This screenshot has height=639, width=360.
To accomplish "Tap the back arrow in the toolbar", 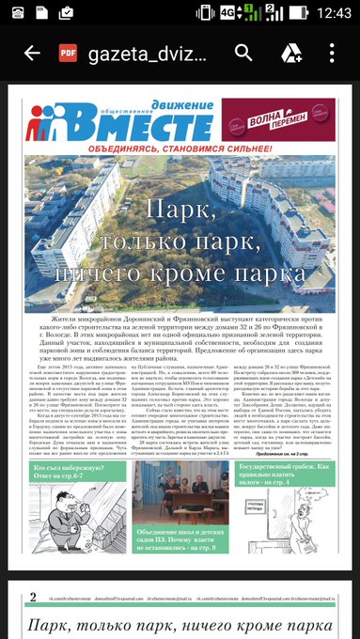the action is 31,53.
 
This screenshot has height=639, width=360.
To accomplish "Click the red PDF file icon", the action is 68,53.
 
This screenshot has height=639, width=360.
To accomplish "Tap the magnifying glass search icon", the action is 243,53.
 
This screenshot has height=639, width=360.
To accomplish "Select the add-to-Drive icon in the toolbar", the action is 290,53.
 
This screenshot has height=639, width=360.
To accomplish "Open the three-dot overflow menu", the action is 334,53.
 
